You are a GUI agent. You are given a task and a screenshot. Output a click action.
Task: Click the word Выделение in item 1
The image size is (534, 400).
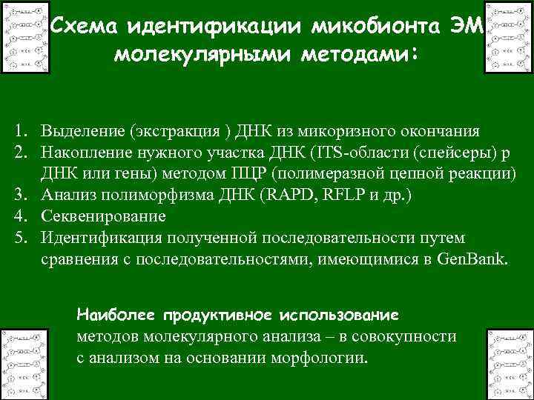[x=82, y=132]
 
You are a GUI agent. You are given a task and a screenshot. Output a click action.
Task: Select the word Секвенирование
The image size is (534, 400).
[x=103, y=217]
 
